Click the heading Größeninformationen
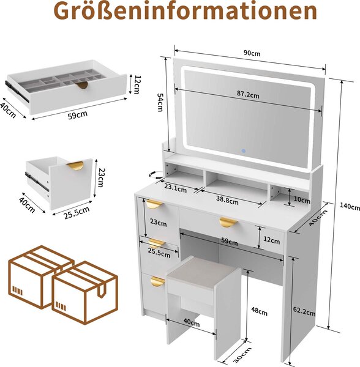[x=186, y=11]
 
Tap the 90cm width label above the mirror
[x=252, y=53]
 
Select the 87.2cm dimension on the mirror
[x=248, y=94]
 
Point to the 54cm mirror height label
[x=160, y=102]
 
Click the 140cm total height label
[x=350, y=206]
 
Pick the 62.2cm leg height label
[x=304, y=311]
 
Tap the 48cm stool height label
[x=259, y=311]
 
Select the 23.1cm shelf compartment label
[x=176, y=188]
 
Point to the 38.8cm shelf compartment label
[x=227, y=201]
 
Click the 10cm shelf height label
[x=302, y=200]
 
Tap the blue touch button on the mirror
[x=244, y=151]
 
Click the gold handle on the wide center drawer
[x=228, y=222]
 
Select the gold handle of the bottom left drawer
[x=157, y=281]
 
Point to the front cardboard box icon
[x=84, y=293]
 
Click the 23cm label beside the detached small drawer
[x=101, y=177]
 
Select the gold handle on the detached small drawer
[x=75, y=166]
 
